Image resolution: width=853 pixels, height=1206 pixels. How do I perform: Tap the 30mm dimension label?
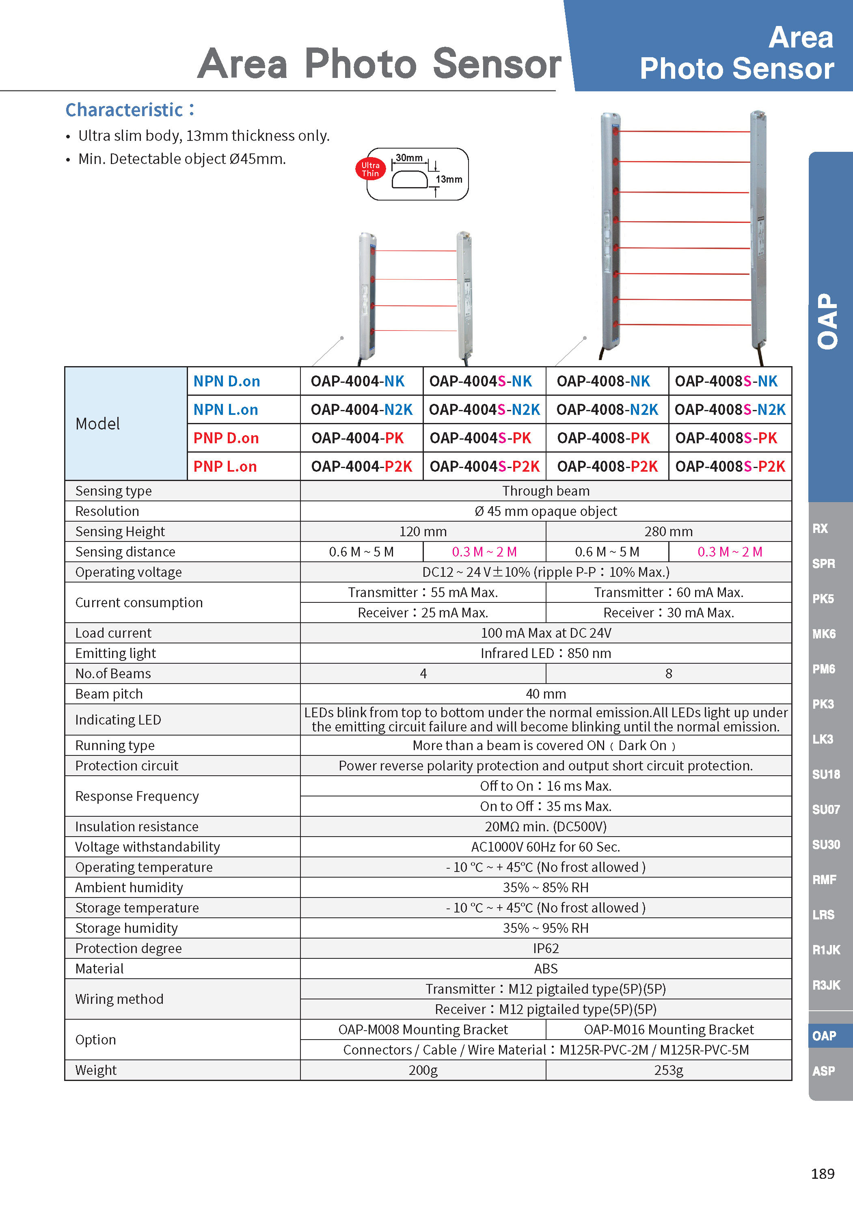click(409, 158)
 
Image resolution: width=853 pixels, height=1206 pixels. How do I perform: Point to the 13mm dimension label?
click(449, 179)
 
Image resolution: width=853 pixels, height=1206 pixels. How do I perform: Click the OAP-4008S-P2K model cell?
click(730, 466)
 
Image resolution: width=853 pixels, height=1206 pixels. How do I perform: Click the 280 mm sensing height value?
click(668, 532)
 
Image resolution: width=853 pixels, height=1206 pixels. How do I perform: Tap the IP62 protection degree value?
click(546, 948)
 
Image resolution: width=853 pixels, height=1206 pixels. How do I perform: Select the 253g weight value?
click(668, 1070)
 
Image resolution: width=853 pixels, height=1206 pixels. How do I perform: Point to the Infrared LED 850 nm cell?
click(546, 654)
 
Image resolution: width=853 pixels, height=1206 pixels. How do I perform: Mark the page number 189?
click(823, 1174)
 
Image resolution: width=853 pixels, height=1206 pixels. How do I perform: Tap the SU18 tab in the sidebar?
click(826, 774)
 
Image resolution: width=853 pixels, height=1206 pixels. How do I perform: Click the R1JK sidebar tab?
click(826, 950)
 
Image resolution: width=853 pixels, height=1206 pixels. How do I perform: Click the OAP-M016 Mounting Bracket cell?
click(668, 1029)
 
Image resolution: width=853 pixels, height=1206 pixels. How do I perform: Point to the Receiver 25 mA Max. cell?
click(423, 613)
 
